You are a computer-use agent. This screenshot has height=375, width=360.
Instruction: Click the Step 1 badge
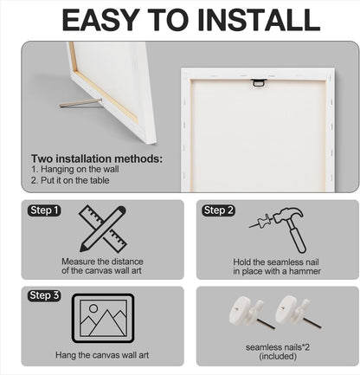pos(44,210)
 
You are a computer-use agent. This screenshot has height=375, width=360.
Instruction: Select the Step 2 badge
pos(218,210)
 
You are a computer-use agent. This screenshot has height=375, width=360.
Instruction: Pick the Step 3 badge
pos(44,295)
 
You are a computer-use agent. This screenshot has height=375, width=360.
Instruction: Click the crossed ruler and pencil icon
pos(103,229)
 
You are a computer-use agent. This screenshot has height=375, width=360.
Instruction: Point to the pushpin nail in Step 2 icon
pos(261,222)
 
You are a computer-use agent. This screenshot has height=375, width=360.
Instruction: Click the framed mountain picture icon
pos(103,318)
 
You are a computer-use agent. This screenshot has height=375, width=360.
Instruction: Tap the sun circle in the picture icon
pos(93,308)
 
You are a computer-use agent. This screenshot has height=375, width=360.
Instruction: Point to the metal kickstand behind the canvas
pos(80,103)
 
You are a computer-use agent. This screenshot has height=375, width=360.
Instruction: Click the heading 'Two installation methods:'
pos(97,158)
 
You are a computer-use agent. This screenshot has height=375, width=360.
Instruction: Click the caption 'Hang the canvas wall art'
pos(102,355)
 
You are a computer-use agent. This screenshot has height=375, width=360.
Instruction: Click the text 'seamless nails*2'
pos(278,347)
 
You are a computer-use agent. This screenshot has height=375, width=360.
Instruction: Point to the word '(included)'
pos(278,356)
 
